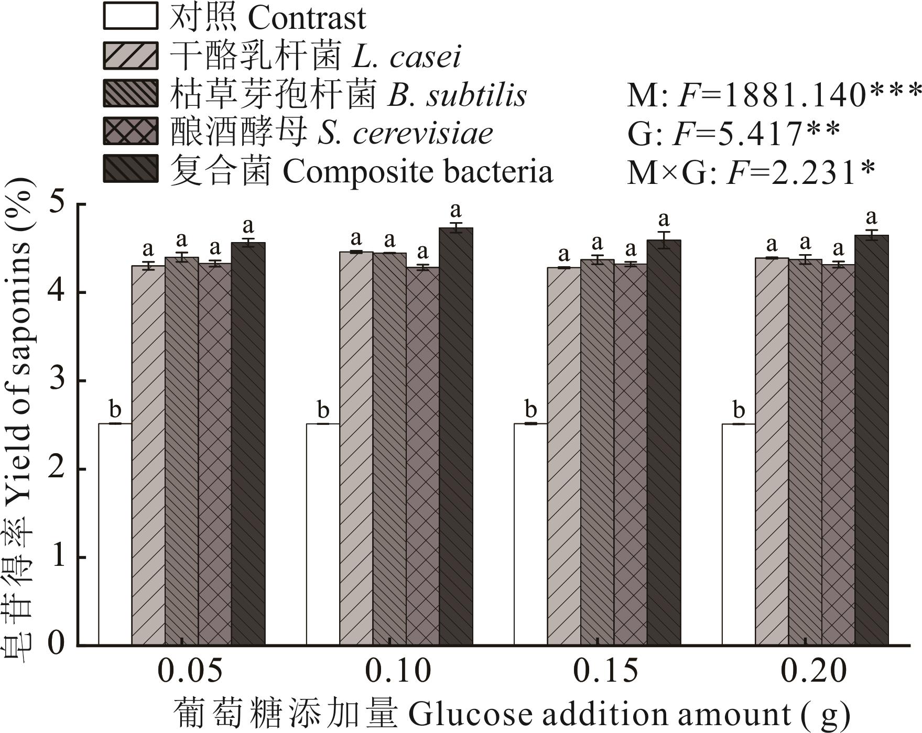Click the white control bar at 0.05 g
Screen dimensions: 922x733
115,534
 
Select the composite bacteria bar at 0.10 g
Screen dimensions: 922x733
456,436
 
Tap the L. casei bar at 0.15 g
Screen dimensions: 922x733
564,456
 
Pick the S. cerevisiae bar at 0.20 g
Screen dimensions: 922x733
839,455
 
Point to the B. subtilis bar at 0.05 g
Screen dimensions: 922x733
181,451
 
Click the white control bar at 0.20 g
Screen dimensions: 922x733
739,534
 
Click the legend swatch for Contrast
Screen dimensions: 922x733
131,16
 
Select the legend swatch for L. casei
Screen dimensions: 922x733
131,55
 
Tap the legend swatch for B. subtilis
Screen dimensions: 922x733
131,93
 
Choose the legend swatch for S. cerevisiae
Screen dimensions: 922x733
131,132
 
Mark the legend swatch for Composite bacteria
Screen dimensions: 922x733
131,169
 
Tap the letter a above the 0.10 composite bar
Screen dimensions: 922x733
456,211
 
